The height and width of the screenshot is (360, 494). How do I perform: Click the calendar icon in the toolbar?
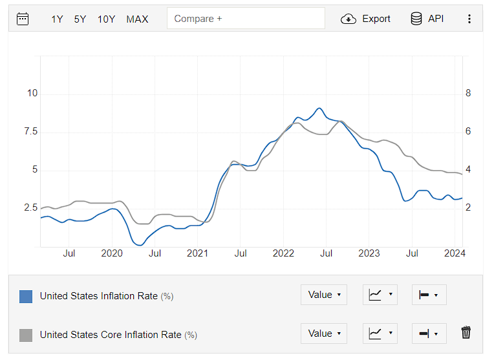(x=23, y=19)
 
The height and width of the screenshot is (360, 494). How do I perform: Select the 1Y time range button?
(x=57, y=19)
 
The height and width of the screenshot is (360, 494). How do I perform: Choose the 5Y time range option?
(x=80, y=19)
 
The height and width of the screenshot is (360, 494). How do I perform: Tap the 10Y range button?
(x=106, y=19)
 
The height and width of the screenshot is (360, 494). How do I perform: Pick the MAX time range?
(x=137, y=19)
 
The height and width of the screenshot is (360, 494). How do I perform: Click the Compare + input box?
(x=246, y=19)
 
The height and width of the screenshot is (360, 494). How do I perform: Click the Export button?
(x=365, y=19)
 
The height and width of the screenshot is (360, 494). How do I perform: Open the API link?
(x=427, y=19)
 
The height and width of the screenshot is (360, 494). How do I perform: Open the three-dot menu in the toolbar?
(x=469, y=19)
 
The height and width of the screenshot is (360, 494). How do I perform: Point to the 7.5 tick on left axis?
(x=30, y=131)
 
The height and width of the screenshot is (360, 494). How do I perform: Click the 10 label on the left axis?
(x=32, y=93)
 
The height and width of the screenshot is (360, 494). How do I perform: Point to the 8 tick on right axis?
(x=468, y=93)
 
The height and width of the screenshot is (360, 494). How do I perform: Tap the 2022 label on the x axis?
(x=283, y=253)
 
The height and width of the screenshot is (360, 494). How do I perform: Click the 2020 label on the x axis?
(x=112, y=253)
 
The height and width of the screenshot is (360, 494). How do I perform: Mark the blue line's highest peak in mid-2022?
(x=319, y=109)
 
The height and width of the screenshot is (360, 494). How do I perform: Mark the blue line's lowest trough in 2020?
(x=140, y=245)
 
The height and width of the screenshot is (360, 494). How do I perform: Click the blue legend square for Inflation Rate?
(x=26, y=297)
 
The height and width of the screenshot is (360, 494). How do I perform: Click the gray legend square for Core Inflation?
(x=26, y=335)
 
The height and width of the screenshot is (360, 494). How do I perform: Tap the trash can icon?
(x=466, y=333)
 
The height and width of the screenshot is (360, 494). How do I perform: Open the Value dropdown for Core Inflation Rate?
(x=324, y=334)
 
